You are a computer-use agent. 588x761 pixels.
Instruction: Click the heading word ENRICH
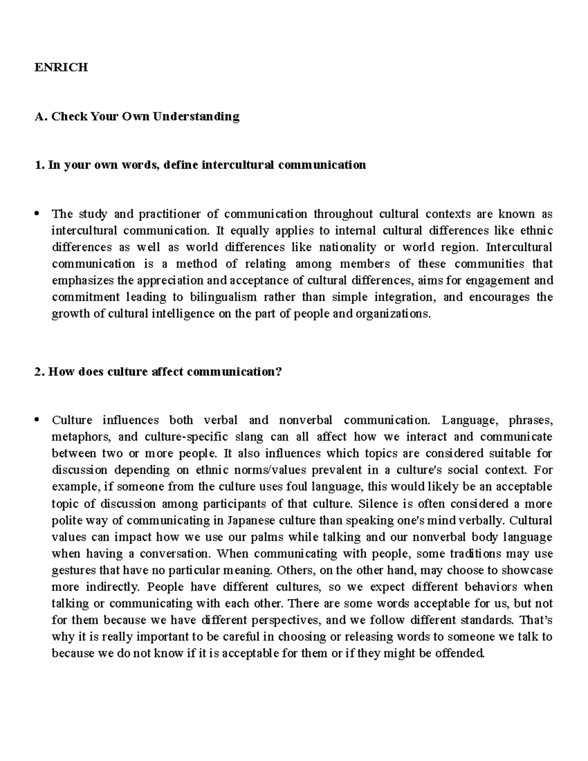click(61, 68)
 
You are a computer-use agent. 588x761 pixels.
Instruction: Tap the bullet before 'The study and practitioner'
click(37, 214)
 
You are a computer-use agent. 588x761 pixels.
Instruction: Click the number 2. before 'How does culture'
click(39, 372)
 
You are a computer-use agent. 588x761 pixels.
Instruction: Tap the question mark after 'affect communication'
click(279, 372)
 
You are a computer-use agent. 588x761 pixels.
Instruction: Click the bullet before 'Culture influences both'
click(37, 420)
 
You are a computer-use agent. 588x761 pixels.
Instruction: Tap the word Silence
click(376, 504)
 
